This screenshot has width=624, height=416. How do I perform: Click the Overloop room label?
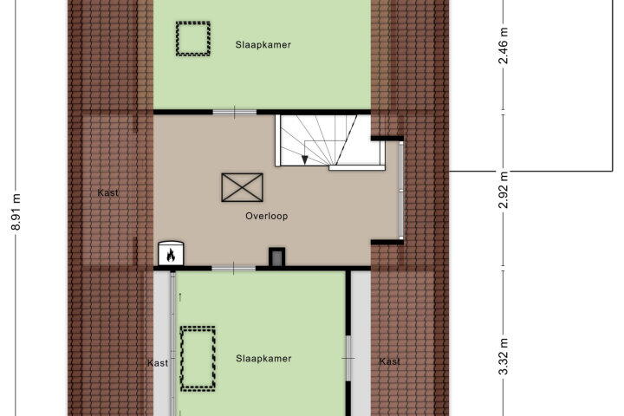[267, 216]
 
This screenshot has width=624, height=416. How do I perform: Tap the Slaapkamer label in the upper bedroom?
[263, 45]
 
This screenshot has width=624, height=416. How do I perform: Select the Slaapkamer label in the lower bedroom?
[263, 359]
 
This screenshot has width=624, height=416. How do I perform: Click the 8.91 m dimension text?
[16, 212]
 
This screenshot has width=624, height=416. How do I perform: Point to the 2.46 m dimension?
[504, 45]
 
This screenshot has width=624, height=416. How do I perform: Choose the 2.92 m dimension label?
[504, 190]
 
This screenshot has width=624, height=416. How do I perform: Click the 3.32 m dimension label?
[504, 356]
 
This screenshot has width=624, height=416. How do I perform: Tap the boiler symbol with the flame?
[171, 253]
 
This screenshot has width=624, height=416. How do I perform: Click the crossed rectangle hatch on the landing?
[243, 187]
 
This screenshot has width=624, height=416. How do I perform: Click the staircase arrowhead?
[305, 160]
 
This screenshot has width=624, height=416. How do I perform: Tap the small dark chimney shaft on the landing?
[277, 257]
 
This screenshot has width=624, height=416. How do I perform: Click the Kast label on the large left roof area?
[107, 193]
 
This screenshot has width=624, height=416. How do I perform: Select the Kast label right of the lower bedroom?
[390, 361]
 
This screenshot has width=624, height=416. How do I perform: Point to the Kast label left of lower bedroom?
[158, 363]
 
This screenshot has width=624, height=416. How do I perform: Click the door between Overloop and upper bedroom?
[234, 113]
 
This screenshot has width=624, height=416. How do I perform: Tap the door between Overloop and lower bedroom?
[233, 270]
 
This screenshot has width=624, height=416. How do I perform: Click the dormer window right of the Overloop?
[401, 191]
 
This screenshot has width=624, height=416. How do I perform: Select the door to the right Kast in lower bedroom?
[348, 358]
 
